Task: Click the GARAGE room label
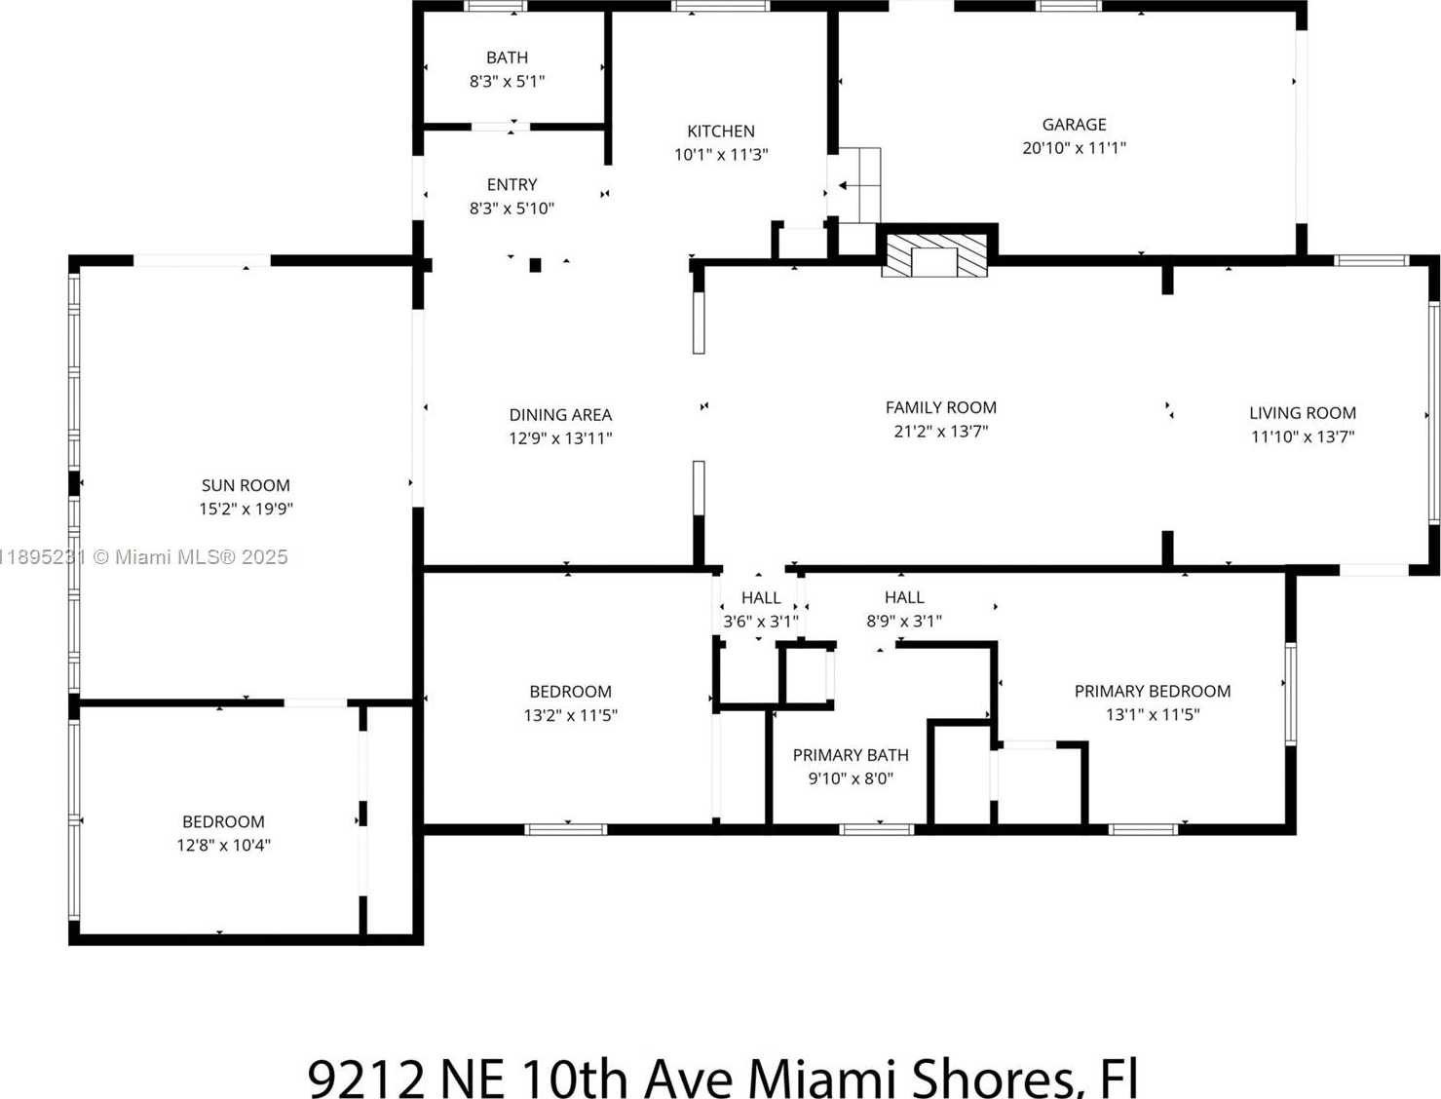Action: [x=1074, y=124]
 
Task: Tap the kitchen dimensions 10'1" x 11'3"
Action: [x=721, y=155]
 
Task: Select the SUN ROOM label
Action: [x=246, y=485]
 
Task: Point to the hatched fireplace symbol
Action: [x=934, y=254]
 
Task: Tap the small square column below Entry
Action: [x=535, y=265]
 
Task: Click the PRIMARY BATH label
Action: [x=851, y=755]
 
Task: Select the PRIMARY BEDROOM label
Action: [x=1153, y=691]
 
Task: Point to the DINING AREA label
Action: [x=560, y=414]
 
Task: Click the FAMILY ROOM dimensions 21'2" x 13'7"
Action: [x=941, y=432]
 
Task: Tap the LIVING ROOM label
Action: [x=1303, y=413]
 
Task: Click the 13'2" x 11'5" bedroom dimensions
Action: [x=571, y=715]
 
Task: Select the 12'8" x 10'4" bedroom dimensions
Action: [x=223, y=845]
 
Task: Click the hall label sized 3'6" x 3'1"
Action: [x=761, y=597]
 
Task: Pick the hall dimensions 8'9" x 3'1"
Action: [x=904, y=621]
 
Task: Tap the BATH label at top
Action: [x=507, y=57]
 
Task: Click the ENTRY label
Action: [x=512, y=184]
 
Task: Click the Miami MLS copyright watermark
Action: [x=143, y=557]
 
